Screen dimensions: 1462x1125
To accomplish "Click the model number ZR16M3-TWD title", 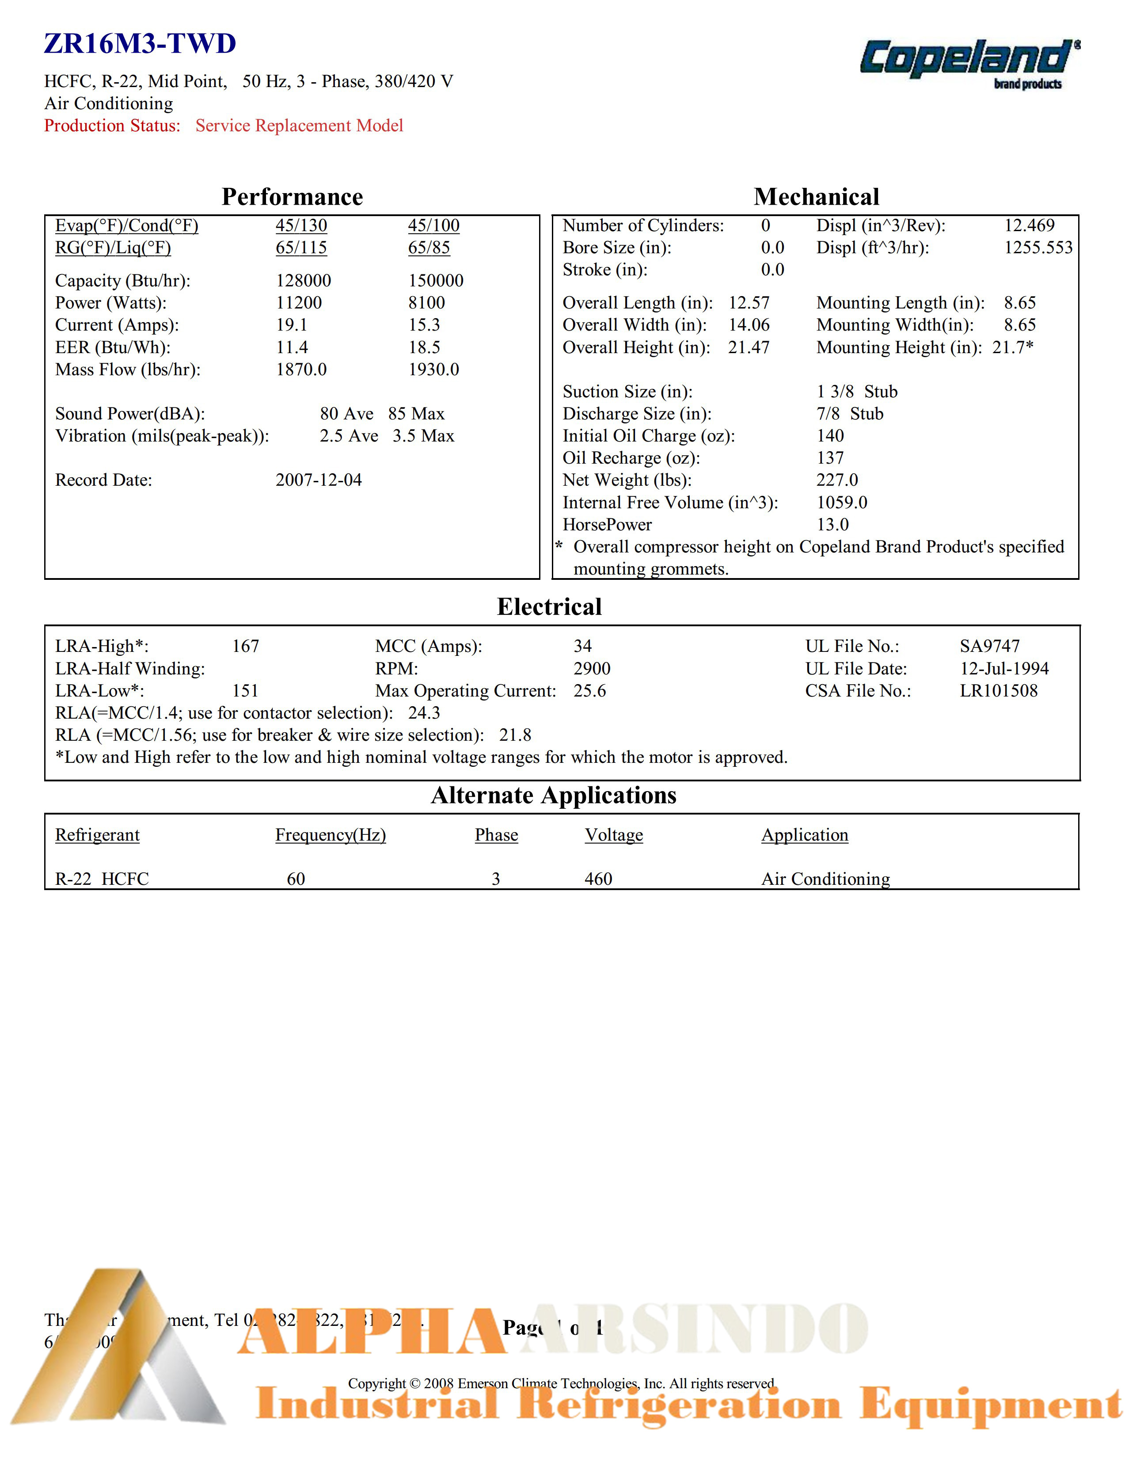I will click(140, 44).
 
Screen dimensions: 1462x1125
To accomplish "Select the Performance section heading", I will click(292, 197).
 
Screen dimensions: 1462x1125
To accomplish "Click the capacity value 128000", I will click(303, 281).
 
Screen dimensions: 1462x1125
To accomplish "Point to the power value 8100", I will click(426, 303).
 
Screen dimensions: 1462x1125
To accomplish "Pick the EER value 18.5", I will click(424, 347).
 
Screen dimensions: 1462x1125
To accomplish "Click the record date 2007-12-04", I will click(319, 480).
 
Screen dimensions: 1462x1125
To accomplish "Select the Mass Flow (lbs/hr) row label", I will click(128, 369).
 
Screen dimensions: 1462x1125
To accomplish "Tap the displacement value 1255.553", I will click(1038, 247).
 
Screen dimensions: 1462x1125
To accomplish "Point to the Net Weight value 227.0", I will click(836, 480).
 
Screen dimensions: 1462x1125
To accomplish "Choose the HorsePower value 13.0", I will click(832, 524).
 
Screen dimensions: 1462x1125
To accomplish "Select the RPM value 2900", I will click(592, 668).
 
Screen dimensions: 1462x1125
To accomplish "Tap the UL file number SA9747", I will click(989, 646).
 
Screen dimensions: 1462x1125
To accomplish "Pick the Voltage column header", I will click(614, 835).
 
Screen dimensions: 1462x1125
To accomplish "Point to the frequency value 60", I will click(296, 879).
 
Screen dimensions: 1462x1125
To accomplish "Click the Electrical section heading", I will click(549, 606).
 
